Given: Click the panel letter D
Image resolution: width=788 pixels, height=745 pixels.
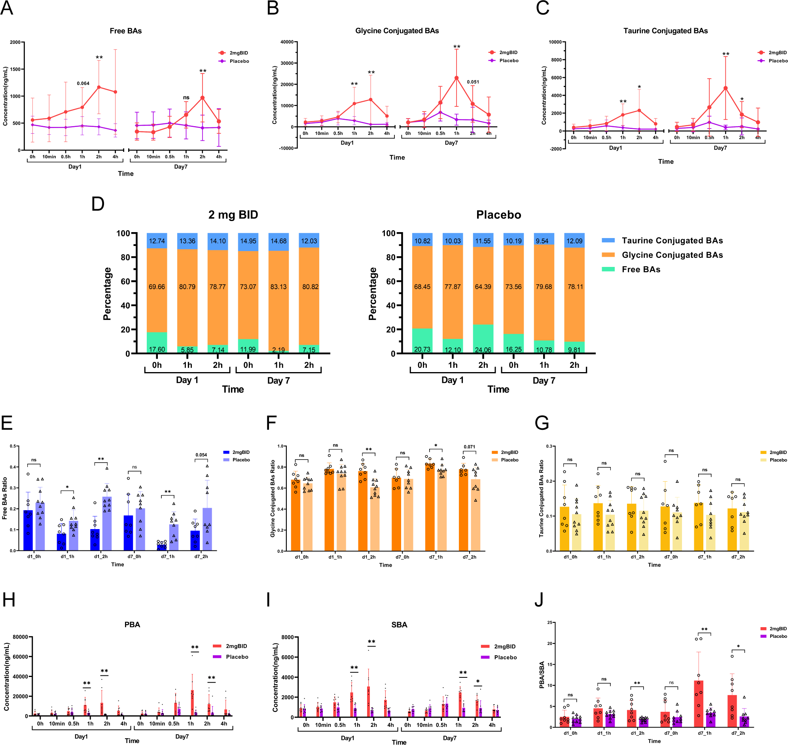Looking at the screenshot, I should (x=98, y=204).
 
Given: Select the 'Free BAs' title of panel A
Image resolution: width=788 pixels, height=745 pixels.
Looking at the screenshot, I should (x=125, y=31).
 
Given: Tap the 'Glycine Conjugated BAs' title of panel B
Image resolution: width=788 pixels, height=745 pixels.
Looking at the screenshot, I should (x=397, y=31).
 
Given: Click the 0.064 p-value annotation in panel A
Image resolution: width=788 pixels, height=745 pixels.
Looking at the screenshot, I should (x=83, y=83).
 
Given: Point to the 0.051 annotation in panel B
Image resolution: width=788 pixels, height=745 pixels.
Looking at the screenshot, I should (x=473, y=82).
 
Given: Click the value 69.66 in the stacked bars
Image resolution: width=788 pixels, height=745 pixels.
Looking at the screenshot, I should (x=157, y=287).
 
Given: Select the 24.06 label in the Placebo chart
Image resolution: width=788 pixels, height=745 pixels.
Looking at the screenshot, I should (x=483, y=350).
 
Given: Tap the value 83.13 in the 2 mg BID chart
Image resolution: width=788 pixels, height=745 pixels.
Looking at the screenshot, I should (x=278, y=287).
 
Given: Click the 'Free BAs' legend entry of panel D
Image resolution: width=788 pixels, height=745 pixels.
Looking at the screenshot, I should (x=641, y=270).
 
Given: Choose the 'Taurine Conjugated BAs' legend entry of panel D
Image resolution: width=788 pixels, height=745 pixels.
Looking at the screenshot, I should (x=672, y=241).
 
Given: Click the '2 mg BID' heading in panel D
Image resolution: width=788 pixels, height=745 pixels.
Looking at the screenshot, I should (x=233, y=215).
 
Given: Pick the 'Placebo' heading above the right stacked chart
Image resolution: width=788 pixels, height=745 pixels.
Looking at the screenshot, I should (x=498, y=215).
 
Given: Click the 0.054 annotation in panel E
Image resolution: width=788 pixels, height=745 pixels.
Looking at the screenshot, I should (x=201, y=455).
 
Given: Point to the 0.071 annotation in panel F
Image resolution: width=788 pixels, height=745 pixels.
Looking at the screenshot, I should (x=469, y=447).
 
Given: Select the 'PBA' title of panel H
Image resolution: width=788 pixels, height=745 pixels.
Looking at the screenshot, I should (x=132, y=625).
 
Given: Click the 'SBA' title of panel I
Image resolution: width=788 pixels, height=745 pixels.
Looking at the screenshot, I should (x=399, y=625).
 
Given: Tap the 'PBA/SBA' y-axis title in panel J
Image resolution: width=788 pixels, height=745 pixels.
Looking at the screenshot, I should (x=542, y=675).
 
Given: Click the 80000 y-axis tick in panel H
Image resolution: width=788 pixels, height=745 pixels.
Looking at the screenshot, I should (x=20, y=637).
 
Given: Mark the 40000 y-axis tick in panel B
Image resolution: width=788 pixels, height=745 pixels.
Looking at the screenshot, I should (x=287, y=42).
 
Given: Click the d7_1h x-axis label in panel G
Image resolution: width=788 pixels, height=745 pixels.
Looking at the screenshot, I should (x=705, y=557).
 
